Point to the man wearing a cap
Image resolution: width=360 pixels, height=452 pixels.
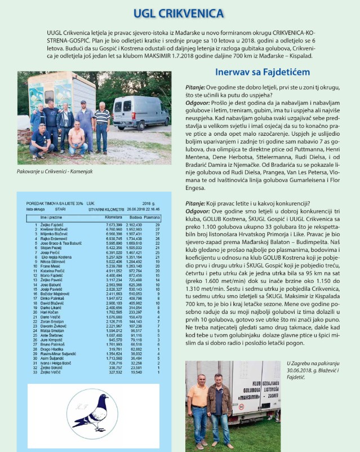point(85,118)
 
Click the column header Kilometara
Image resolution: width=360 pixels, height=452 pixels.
point(113,216)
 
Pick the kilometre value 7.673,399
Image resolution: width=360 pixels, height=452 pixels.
point(113,225)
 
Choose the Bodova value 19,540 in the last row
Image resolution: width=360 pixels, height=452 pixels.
point(136,372)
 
